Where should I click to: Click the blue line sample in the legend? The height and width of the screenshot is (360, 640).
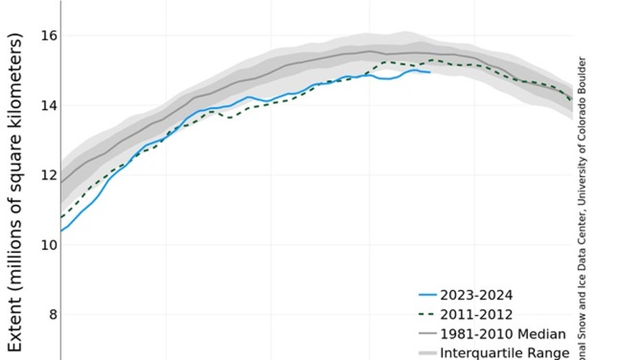[x=428, y=295]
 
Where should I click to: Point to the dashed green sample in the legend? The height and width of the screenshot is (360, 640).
[x=428, y=315]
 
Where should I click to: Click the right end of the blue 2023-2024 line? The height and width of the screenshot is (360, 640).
[x=430, y=72]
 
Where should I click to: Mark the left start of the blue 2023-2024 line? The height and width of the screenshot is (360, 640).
[x=61, y=231]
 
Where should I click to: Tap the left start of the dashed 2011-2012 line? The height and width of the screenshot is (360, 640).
[x=61, y=217]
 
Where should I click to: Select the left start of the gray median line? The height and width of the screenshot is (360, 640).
[x=61, y=183]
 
